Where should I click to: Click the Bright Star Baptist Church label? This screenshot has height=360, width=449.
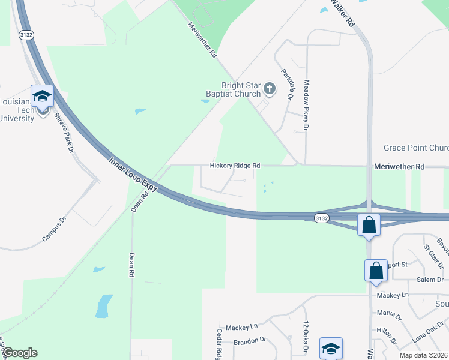pyautogui.click(x=241, y=89)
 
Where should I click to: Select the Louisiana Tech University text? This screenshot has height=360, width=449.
pyautogui.click(x=17, y=110)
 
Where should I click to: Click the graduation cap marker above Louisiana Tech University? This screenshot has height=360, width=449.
pyautogui.click(x=43, y=96)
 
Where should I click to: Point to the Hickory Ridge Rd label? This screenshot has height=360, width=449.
pyautogui.click(x=235, y=166)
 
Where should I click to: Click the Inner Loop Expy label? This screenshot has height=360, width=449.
pyautogui.click(x=133, y=175)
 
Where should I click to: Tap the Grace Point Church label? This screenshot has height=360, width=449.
pyautogui.click(x=416, y=148)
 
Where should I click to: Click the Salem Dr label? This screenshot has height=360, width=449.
pyautogui.click(x=431, y=280)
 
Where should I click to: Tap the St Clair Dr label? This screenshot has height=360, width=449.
pyautogui.click(x=432, y=256)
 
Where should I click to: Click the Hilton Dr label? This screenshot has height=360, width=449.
pyautogui.click(x=386, y=334)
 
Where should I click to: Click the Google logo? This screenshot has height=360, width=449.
pyautogui.click(x=19, y=353)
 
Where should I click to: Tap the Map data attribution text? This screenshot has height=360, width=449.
pyautogui.click(x=423, y=355)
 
